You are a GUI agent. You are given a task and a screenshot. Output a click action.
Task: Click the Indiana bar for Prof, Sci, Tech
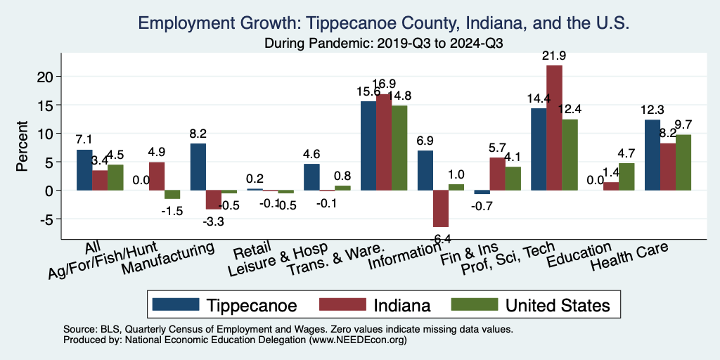(554, 127)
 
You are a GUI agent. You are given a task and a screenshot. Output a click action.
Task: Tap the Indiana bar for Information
(440, 208)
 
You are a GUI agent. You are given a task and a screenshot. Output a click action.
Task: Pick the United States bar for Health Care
(683, 162)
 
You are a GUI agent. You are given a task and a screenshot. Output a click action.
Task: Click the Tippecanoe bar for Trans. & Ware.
(368, 146)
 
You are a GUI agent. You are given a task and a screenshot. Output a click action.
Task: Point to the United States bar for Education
(626, 176)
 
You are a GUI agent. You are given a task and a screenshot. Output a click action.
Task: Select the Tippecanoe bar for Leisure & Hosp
(311, 177)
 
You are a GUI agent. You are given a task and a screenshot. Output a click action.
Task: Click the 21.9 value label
(554, 55)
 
